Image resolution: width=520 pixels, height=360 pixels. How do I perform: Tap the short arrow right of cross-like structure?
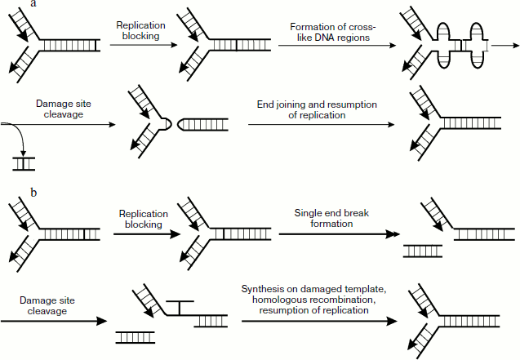(x=504, y=47)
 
